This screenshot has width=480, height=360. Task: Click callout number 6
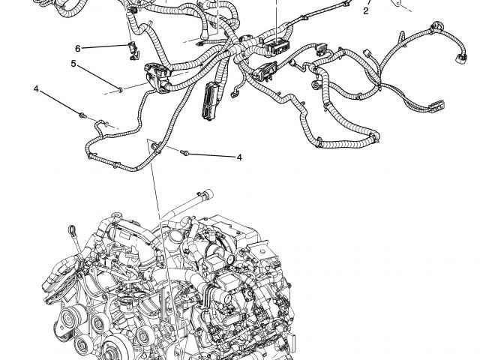click(x=78, y=48)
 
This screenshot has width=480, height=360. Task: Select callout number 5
click(x=73, y=64)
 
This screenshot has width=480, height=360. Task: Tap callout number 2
click(x=366, y=11)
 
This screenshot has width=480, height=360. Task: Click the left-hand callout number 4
click(x=37, y=89)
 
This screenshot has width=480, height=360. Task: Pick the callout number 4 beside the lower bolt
click(x=239, y=157)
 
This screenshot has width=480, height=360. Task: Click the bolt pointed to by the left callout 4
click(x=82, y=115)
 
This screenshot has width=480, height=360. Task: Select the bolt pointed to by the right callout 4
click(x=184, y=152)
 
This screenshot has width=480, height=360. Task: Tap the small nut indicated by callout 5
click(x=120, y=90)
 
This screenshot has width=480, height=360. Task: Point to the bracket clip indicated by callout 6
click(x=133, y=50)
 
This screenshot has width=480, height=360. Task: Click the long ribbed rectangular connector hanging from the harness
click(x=210, y=100)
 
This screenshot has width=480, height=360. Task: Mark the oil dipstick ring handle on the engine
click(x=73, y=229)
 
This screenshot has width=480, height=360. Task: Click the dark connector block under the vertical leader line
click(x=277, y=46)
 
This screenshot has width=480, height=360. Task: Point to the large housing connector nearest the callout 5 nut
click(x=158, y=76)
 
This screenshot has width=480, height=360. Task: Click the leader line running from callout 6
click(x=105, y=46)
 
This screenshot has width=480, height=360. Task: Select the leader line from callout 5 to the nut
click(x=97, y=77)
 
